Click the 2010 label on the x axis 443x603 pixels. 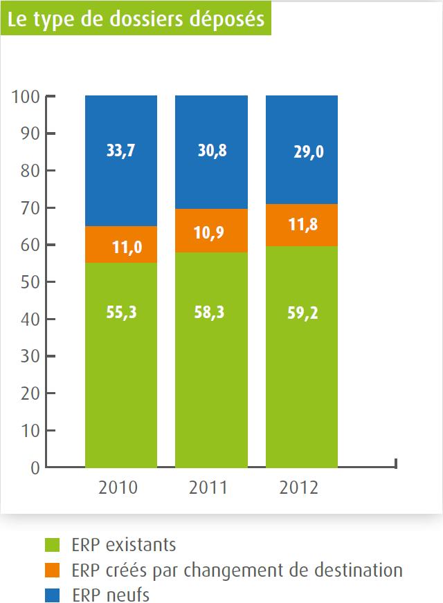pos(118,488)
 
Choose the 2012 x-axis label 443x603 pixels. pos(298,488)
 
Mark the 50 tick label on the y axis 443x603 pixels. pos(29,282)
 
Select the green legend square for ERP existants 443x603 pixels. pos(53,546)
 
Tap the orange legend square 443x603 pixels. pos(53,570)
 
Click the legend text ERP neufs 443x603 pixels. pos(110,595)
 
